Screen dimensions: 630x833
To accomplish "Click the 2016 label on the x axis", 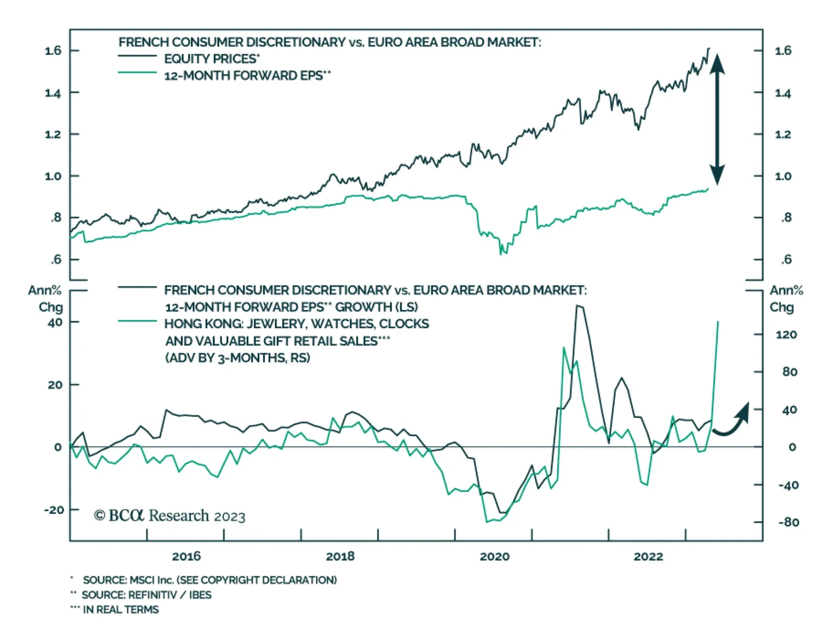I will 186,556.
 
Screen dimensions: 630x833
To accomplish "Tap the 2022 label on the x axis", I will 648,556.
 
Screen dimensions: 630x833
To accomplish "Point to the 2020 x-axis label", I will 494,556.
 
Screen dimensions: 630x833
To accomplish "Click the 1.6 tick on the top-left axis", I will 53,51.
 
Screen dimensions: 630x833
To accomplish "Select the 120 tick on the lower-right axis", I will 786,335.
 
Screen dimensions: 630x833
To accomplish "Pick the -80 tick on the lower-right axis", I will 788,522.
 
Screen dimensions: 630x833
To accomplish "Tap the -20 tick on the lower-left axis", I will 54,510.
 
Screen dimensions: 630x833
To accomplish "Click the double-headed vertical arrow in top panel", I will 717,119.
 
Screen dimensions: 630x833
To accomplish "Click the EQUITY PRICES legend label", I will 211,59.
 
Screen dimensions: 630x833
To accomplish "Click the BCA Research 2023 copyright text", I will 170,516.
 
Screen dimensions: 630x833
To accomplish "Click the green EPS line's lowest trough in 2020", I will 501,254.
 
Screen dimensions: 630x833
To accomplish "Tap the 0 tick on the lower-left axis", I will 58,447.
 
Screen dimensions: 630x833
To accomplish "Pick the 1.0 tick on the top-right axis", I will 783,176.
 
